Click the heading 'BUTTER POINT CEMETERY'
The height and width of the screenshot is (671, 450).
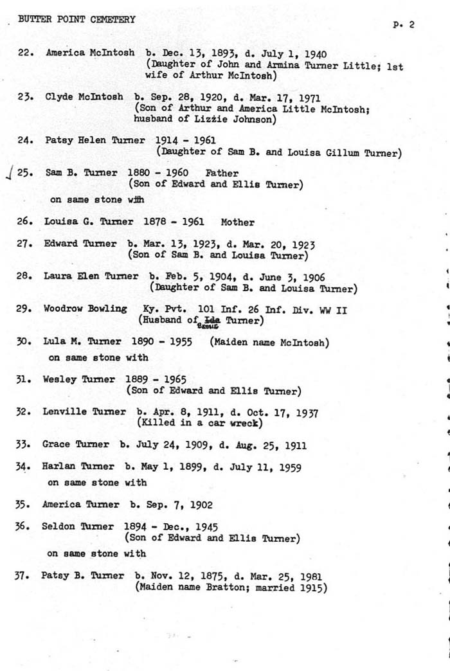pos(76,19)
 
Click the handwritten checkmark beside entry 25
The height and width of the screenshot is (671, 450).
pos(7,173)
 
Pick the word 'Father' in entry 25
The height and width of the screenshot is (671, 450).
pos(222,173)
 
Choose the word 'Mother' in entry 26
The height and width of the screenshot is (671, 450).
pos(237,222)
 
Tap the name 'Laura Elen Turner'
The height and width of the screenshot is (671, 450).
pos(91,276)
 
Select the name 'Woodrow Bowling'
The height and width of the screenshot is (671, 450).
pos(85,309)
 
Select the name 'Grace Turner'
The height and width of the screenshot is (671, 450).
pos(75,445)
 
